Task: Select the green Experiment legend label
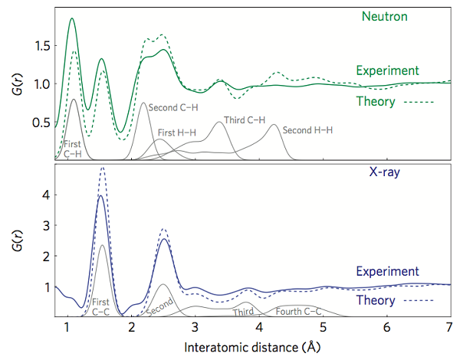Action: tap(387, 70)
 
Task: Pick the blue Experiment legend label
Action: tap(387, 271)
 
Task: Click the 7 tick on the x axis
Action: tap(447, 329)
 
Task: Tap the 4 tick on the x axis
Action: tap(258, 329)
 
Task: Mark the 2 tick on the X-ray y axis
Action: tap(44, 256)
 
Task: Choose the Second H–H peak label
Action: tap(307, 130)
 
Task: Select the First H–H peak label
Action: tap(177, 133)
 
